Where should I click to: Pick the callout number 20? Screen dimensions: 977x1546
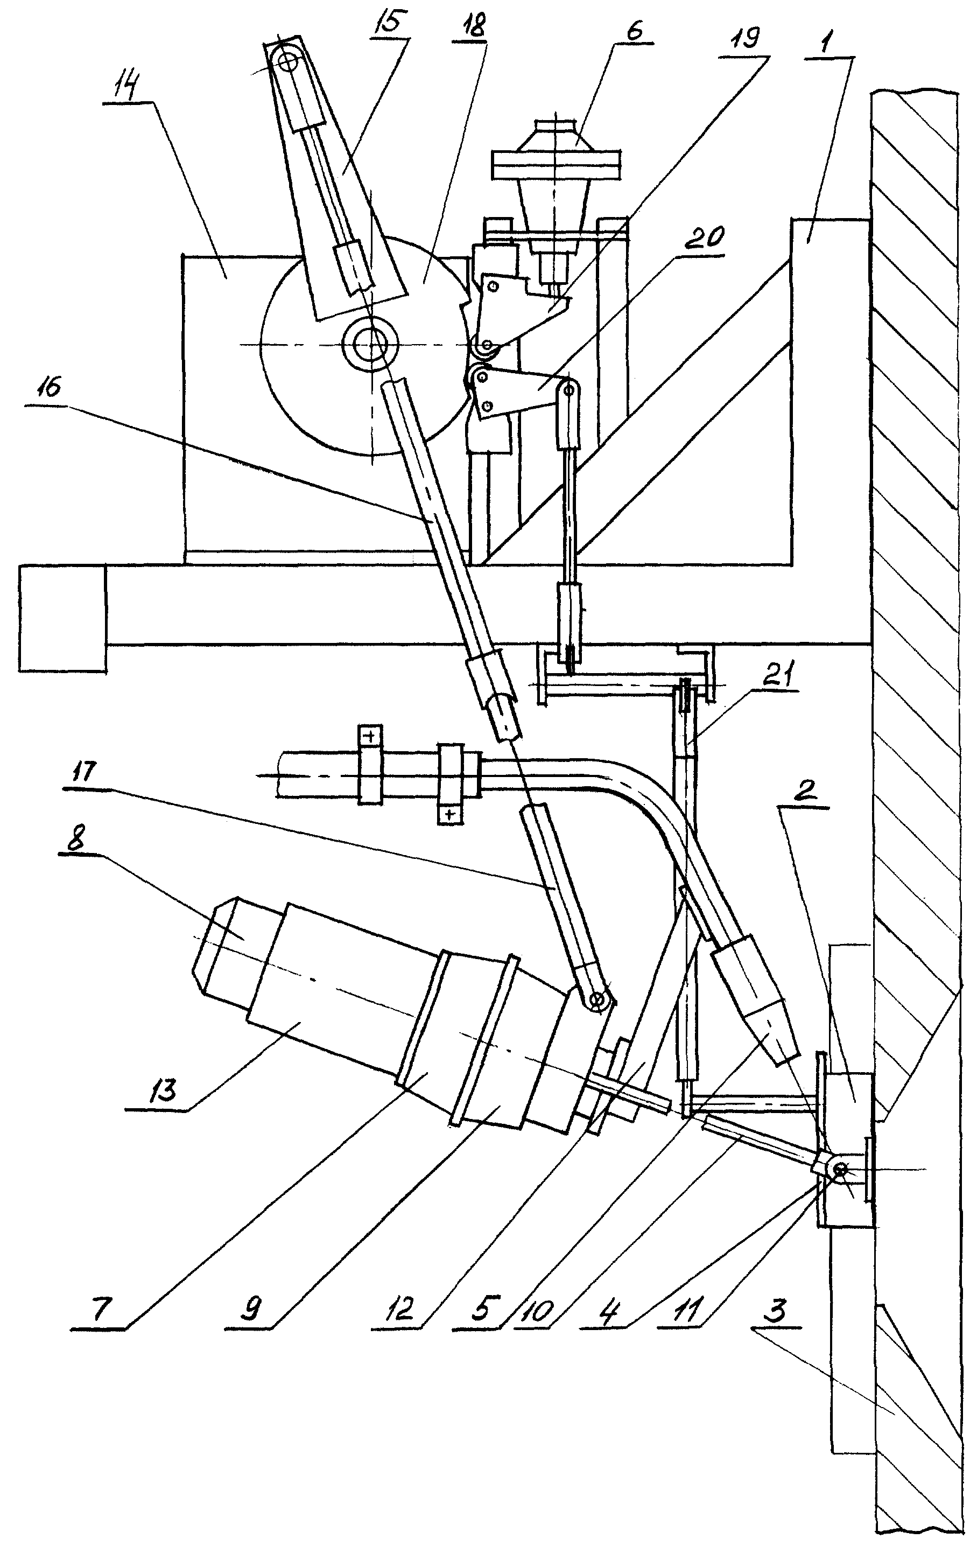tap(704, 239)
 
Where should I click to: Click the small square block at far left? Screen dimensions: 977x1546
tap(63, 618)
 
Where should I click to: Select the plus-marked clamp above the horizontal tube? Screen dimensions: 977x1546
tap(370, 764)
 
